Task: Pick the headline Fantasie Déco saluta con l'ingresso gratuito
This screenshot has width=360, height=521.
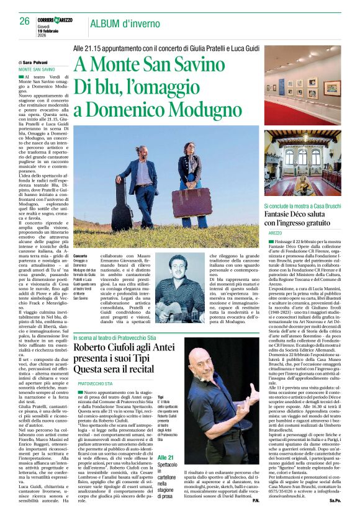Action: point(300,218)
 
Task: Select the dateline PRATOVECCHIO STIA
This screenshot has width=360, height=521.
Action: point(95,384)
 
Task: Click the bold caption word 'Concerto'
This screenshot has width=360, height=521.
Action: point(81,256)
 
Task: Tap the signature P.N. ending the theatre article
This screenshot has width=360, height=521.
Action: point(253,516)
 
